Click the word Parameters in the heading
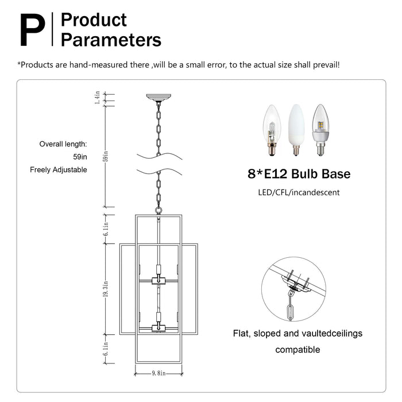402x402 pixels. coord(111,40)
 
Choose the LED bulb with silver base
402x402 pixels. coord(320,129)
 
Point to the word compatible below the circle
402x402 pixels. coord(297,349)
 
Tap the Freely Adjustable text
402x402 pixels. coord(59,170)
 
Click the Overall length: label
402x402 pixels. coord(63,144)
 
